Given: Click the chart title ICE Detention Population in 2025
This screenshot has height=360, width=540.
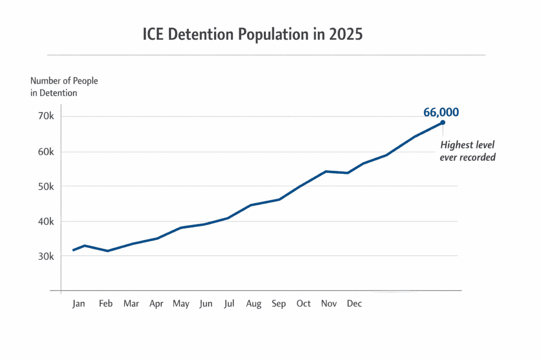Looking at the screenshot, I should click(253, 35).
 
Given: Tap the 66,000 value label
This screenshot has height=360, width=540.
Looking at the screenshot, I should click(441, 112).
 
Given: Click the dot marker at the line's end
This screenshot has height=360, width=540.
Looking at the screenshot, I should click(443, 122).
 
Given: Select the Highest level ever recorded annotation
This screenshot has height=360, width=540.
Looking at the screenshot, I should click(467, 151).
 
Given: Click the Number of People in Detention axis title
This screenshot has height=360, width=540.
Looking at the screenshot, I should click(64, 87).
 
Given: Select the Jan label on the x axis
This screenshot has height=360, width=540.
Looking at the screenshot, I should click(79, 304).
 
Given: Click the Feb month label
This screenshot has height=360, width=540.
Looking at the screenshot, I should click(106, 304).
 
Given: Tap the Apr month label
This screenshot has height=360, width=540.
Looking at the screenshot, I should click(156, 304).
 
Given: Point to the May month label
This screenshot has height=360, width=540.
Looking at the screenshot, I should click(181, 304).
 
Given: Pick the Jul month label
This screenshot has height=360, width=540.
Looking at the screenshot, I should click(229, 304).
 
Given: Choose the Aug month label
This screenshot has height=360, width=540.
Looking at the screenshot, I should click(254, 304).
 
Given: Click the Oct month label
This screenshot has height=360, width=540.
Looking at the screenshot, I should click(304, 304).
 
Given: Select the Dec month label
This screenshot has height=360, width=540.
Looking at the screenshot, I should click(354, 304).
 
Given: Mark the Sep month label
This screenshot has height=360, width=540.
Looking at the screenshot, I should click(278, 304).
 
